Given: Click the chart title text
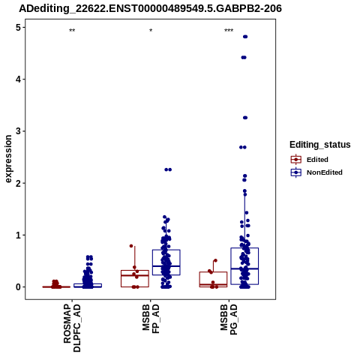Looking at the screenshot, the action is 150,9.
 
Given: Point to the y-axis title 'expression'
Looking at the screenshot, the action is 8,159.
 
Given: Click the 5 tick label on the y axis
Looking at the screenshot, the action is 18,27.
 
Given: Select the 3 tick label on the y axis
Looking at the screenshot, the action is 18,131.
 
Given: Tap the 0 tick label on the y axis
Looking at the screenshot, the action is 18,287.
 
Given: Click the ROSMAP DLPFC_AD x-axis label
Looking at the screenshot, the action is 72,328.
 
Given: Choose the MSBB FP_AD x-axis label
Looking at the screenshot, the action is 151,319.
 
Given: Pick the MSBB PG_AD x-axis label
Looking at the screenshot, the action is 229,319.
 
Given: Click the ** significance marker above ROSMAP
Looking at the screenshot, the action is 72,31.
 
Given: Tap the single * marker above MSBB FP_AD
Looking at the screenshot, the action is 151,31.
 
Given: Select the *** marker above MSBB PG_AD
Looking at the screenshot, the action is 229,31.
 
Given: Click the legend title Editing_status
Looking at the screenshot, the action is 320,145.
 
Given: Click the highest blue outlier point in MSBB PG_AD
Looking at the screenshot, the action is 245,37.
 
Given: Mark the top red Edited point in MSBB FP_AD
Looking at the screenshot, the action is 131,246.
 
